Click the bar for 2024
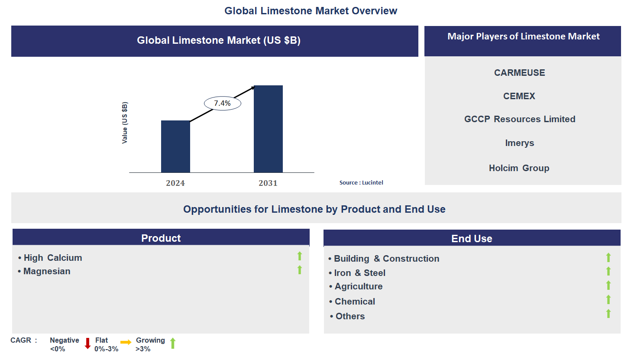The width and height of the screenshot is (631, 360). [175, 146]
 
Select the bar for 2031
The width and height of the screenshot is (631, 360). [268, 129]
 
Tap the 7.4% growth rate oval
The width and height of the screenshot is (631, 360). [222, 103]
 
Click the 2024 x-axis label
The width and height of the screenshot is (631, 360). [175, 183]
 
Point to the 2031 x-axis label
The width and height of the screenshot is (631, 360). [268, 183]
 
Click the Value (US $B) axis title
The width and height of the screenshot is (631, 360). [125, 123]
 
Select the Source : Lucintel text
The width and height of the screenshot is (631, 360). [361, 183]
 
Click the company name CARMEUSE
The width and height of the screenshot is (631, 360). [519, 73]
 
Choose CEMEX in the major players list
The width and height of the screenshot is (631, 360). [519, 96]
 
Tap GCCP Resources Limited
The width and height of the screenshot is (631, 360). [519, 119]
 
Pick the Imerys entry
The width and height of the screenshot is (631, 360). [519, 143]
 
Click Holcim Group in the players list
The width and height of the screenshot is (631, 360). [519, 168]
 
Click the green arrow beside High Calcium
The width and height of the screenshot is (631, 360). [299, 256]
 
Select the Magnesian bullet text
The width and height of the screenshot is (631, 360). [47, 271]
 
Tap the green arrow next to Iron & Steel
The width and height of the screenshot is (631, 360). [608, 271]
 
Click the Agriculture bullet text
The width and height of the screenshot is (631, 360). [358, 286]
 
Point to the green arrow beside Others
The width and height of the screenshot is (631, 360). [608, 314]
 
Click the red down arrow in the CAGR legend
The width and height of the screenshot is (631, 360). [87, 344]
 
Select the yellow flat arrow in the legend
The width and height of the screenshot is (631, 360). [126, 342]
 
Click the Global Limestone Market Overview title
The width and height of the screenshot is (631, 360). [311, 11]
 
